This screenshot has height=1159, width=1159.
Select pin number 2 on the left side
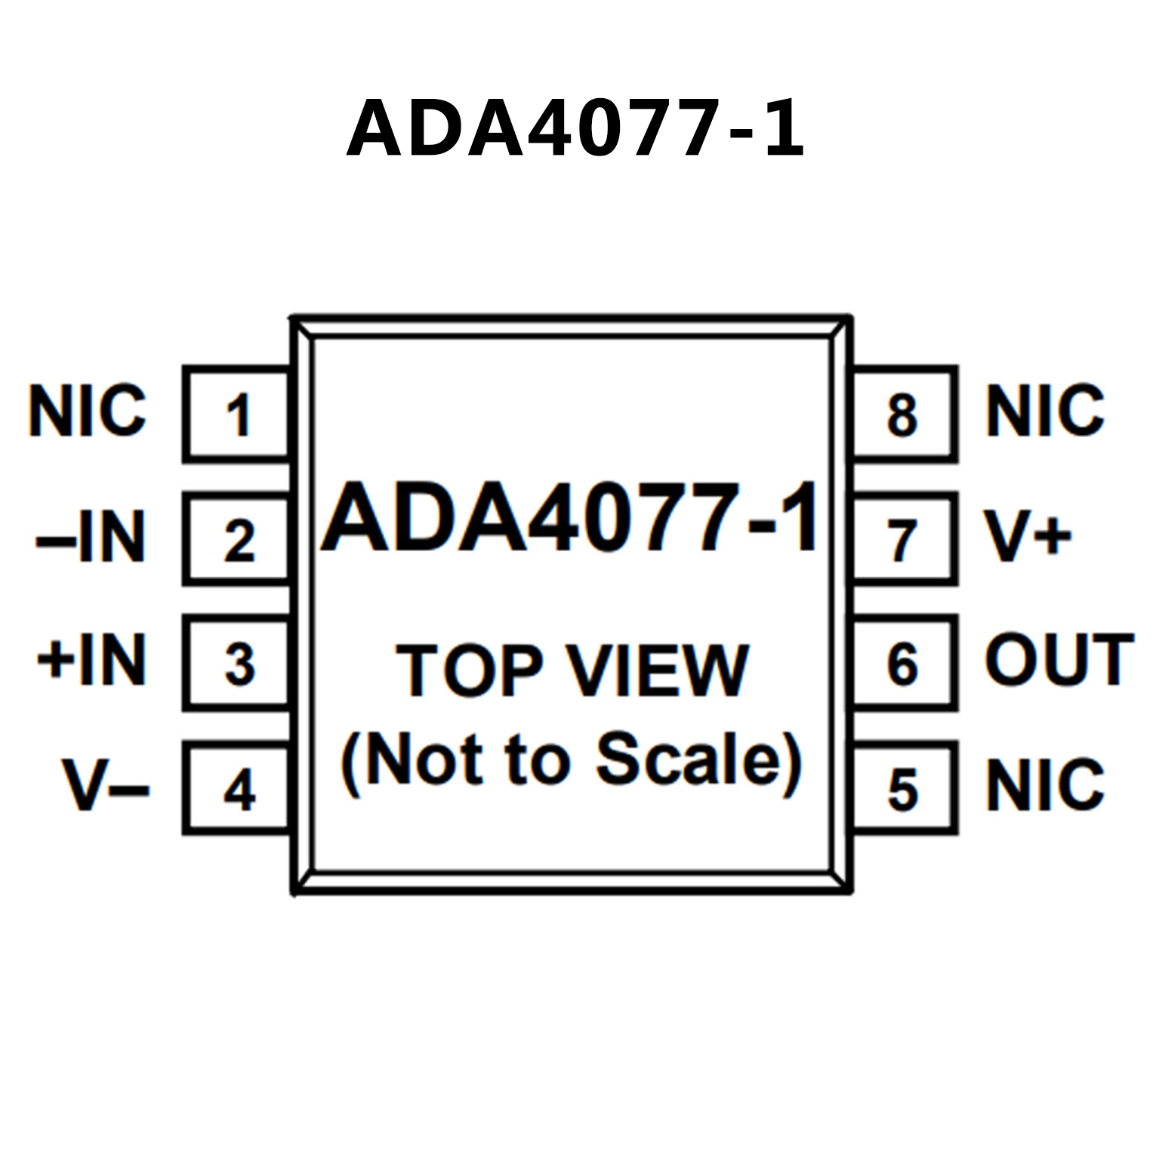coord(238,539)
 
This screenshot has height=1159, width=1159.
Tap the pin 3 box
coord(238,664)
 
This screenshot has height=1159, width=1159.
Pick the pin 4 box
coord(238,789)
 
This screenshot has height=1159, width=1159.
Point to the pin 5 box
coord(904,789)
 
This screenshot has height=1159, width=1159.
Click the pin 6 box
coord(904,664)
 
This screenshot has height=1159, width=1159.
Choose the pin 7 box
coord(904,539)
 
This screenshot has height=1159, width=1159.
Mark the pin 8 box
coord(904,414)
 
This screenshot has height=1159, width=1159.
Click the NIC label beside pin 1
coord(87,411)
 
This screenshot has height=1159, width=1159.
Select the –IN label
coord(91,537)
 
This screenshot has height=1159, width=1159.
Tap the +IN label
coord(91,661)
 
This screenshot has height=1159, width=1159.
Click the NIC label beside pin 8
coord(1045,411)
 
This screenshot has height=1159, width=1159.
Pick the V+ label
coord(1027,537)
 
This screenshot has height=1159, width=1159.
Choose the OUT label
coord(1059,661)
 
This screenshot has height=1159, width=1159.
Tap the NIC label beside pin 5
coord(1045,785)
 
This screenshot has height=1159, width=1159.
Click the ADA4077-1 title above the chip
coord(575,129)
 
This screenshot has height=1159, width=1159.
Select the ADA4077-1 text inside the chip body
coord(570,519)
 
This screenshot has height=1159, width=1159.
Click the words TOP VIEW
coord(572,670)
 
